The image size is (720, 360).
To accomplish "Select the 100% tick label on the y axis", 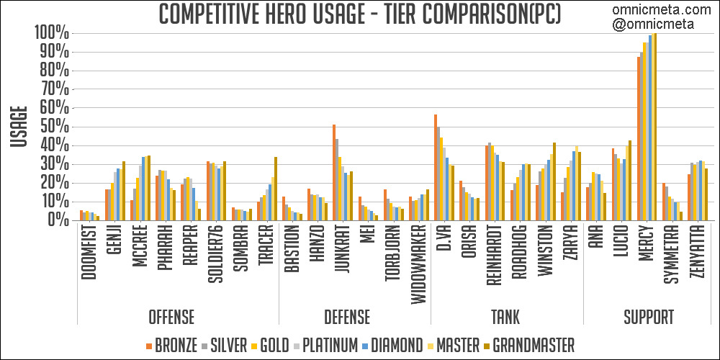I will tap(51, 33).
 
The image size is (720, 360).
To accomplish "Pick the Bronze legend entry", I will tap(172, 345).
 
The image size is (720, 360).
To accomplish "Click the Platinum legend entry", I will tap(325, 345).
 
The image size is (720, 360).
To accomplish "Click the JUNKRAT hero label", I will tap(342, 253).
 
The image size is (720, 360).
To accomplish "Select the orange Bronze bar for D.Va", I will tap(436, 167).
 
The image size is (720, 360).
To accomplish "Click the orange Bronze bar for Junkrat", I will tap(334, 172).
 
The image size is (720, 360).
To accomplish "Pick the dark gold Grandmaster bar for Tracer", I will tap(276, 189).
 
